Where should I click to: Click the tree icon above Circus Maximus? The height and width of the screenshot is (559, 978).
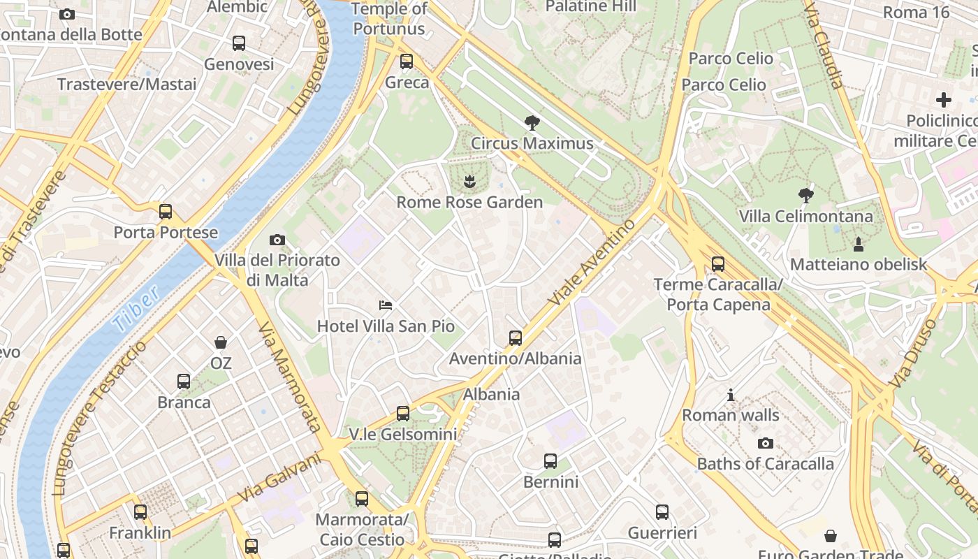(x=532, y=124)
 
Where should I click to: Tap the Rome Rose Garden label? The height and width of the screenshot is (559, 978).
(x=469, y=203)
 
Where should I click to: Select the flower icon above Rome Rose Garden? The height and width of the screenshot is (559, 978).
(x=469, y=182)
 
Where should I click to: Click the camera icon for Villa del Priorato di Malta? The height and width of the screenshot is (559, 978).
(x=277, y=240)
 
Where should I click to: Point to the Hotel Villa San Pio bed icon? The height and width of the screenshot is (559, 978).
(x=386, y=305)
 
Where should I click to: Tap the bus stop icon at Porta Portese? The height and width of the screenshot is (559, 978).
(x=166, y=212)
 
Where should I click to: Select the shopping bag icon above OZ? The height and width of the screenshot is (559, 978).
(x=221, y=342)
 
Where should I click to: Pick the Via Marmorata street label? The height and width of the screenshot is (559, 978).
(x=289, y=377)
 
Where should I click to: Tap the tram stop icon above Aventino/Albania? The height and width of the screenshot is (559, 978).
(x=516, y=338)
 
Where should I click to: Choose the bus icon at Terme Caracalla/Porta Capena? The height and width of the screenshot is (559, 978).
(x=717, y=264)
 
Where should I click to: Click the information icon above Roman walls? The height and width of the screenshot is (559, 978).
(x=731, y=395)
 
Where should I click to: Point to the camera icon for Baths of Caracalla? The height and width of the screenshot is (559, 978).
(x=766, y=443)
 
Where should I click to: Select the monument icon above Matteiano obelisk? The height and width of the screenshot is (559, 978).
(x=859, y=244)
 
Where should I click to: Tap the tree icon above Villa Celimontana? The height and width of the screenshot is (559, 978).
(x=806, y=195)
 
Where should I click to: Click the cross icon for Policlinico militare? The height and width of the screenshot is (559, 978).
(x=944, y=100)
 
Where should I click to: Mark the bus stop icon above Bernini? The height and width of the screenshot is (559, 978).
(x=550, y=461)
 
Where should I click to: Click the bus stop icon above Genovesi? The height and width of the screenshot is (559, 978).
(x=239, y=43)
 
